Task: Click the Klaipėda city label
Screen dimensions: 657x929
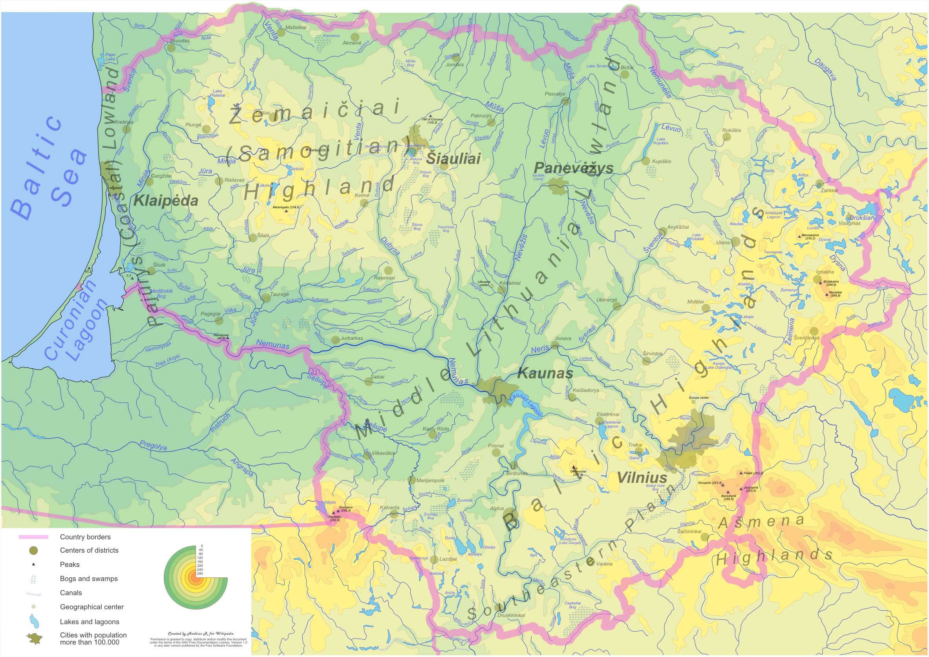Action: coord(166,201)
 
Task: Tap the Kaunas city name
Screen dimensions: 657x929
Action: coord(545,373)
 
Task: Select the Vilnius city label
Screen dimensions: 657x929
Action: coord(642,477)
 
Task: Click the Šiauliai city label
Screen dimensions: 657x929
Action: coord(453,158)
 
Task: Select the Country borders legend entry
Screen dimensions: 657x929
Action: coord(85,537)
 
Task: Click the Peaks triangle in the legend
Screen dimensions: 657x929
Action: coord(34,564)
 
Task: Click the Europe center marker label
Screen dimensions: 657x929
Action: coord(699,397)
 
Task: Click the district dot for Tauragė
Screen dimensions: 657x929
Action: coord(266,298)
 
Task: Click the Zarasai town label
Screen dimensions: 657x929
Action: coord(829,191)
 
